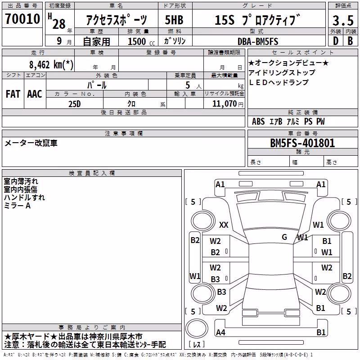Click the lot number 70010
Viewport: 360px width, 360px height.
tap(22, 19)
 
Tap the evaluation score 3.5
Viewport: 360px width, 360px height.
tap(343, 20)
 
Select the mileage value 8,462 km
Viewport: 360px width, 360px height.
tap(51, 65)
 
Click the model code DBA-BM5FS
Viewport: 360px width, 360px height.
tap(258, 41)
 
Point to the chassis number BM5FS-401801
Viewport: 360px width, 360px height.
tap(302, 143)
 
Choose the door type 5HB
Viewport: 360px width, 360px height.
tap(174, 20)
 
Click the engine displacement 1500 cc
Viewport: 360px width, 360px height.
tap(141, 41)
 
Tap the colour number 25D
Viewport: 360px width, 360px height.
tap(75, 104)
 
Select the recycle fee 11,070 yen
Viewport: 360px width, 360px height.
tap(228, 104)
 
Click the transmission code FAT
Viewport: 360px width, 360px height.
tap(13, 94)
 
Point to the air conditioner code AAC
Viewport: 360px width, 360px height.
tap(35, 94)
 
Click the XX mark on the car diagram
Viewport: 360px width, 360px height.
tap(224, 225)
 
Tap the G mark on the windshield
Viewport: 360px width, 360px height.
tap(284, 237)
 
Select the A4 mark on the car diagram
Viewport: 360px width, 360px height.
tap(220, 332)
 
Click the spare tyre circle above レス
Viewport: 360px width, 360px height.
tap(197, 328)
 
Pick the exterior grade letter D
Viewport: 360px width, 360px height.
tap(336, 41)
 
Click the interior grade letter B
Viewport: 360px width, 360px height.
tap(350, 41)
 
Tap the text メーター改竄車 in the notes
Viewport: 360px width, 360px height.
tap(31, 143)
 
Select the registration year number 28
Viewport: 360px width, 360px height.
tap(59, 24)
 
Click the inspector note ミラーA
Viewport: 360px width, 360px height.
tap(17, 206)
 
